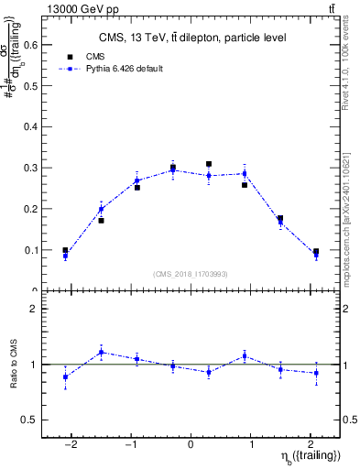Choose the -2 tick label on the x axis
[65, 443]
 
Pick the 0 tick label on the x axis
[191, 443]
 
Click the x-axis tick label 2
[315, 443]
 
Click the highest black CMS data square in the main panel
[209, 164]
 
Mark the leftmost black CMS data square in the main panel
[65, 250]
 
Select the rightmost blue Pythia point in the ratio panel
[316, 373]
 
